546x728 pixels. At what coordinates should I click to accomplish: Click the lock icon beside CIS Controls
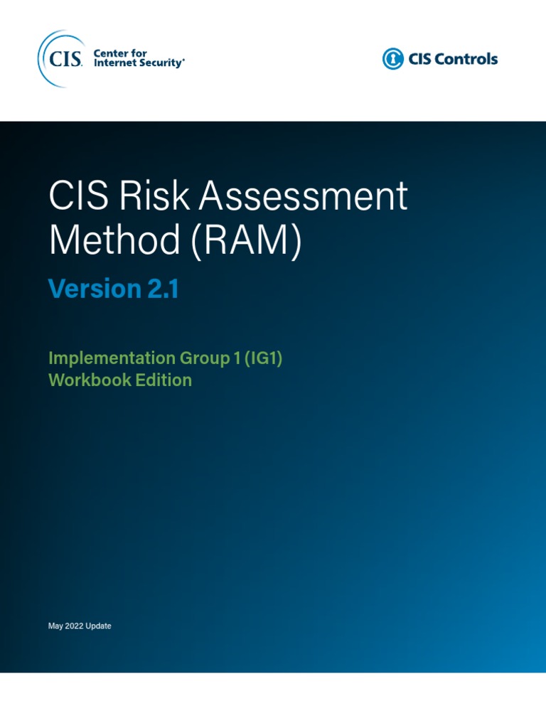[x=392, y=59]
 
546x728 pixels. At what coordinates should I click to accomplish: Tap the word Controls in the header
[x=465, y=59]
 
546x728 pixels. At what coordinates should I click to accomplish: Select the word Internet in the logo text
[x=117, y=63]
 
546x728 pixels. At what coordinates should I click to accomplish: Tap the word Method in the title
[x=114, y=241]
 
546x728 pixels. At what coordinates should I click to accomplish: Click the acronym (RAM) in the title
[x=245, y=241]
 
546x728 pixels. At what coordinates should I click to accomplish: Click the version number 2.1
[x=164, y=289]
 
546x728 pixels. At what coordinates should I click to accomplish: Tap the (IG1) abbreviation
[x=262, y=358]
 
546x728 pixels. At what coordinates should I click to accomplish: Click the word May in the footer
[x=55, y=626]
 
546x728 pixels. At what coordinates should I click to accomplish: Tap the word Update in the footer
[x=99, y=626]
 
